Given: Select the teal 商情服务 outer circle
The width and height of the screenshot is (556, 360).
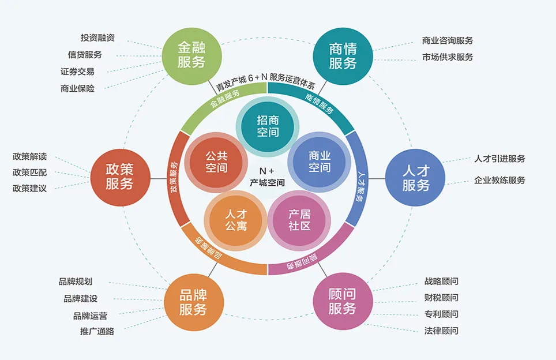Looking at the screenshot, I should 343,56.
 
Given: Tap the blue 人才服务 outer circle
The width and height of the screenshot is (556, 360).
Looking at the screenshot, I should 415,178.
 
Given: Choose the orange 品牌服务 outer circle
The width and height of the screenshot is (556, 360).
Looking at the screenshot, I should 193,302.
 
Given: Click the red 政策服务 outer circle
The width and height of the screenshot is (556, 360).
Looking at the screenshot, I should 119,177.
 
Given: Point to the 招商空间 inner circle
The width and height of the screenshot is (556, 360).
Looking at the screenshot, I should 268,126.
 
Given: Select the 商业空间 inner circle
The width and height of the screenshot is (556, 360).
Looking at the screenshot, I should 319,161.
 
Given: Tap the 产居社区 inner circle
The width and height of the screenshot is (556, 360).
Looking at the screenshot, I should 299,219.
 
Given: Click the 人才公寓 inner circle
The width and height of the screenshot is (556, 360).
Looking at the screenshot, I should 236,220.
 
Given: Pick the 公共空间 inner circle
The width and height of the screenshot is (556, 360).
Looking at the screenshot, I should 216,162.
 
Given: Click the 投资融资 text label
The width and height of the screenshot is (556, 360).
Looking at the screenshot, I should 97,38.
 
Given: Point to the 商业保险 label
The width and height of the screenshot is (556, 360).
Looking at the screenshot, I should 77,88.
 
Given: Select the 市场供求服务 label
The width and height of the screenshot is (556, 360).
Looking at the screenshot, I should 448,57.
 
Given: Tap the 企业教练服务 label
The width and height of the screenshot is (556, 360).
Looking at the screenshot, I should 499,180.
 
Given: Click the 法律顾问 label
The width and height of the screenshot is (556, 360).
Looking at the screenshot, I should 441,331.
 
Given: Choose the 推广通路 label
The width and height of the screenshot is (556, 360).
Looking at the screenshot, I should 97,332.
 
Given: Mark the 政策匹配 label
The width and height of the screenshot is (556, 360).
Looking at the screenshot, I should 29,172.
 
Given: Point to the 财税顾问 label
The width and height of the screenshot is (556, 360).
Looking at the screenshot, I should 441,298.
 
